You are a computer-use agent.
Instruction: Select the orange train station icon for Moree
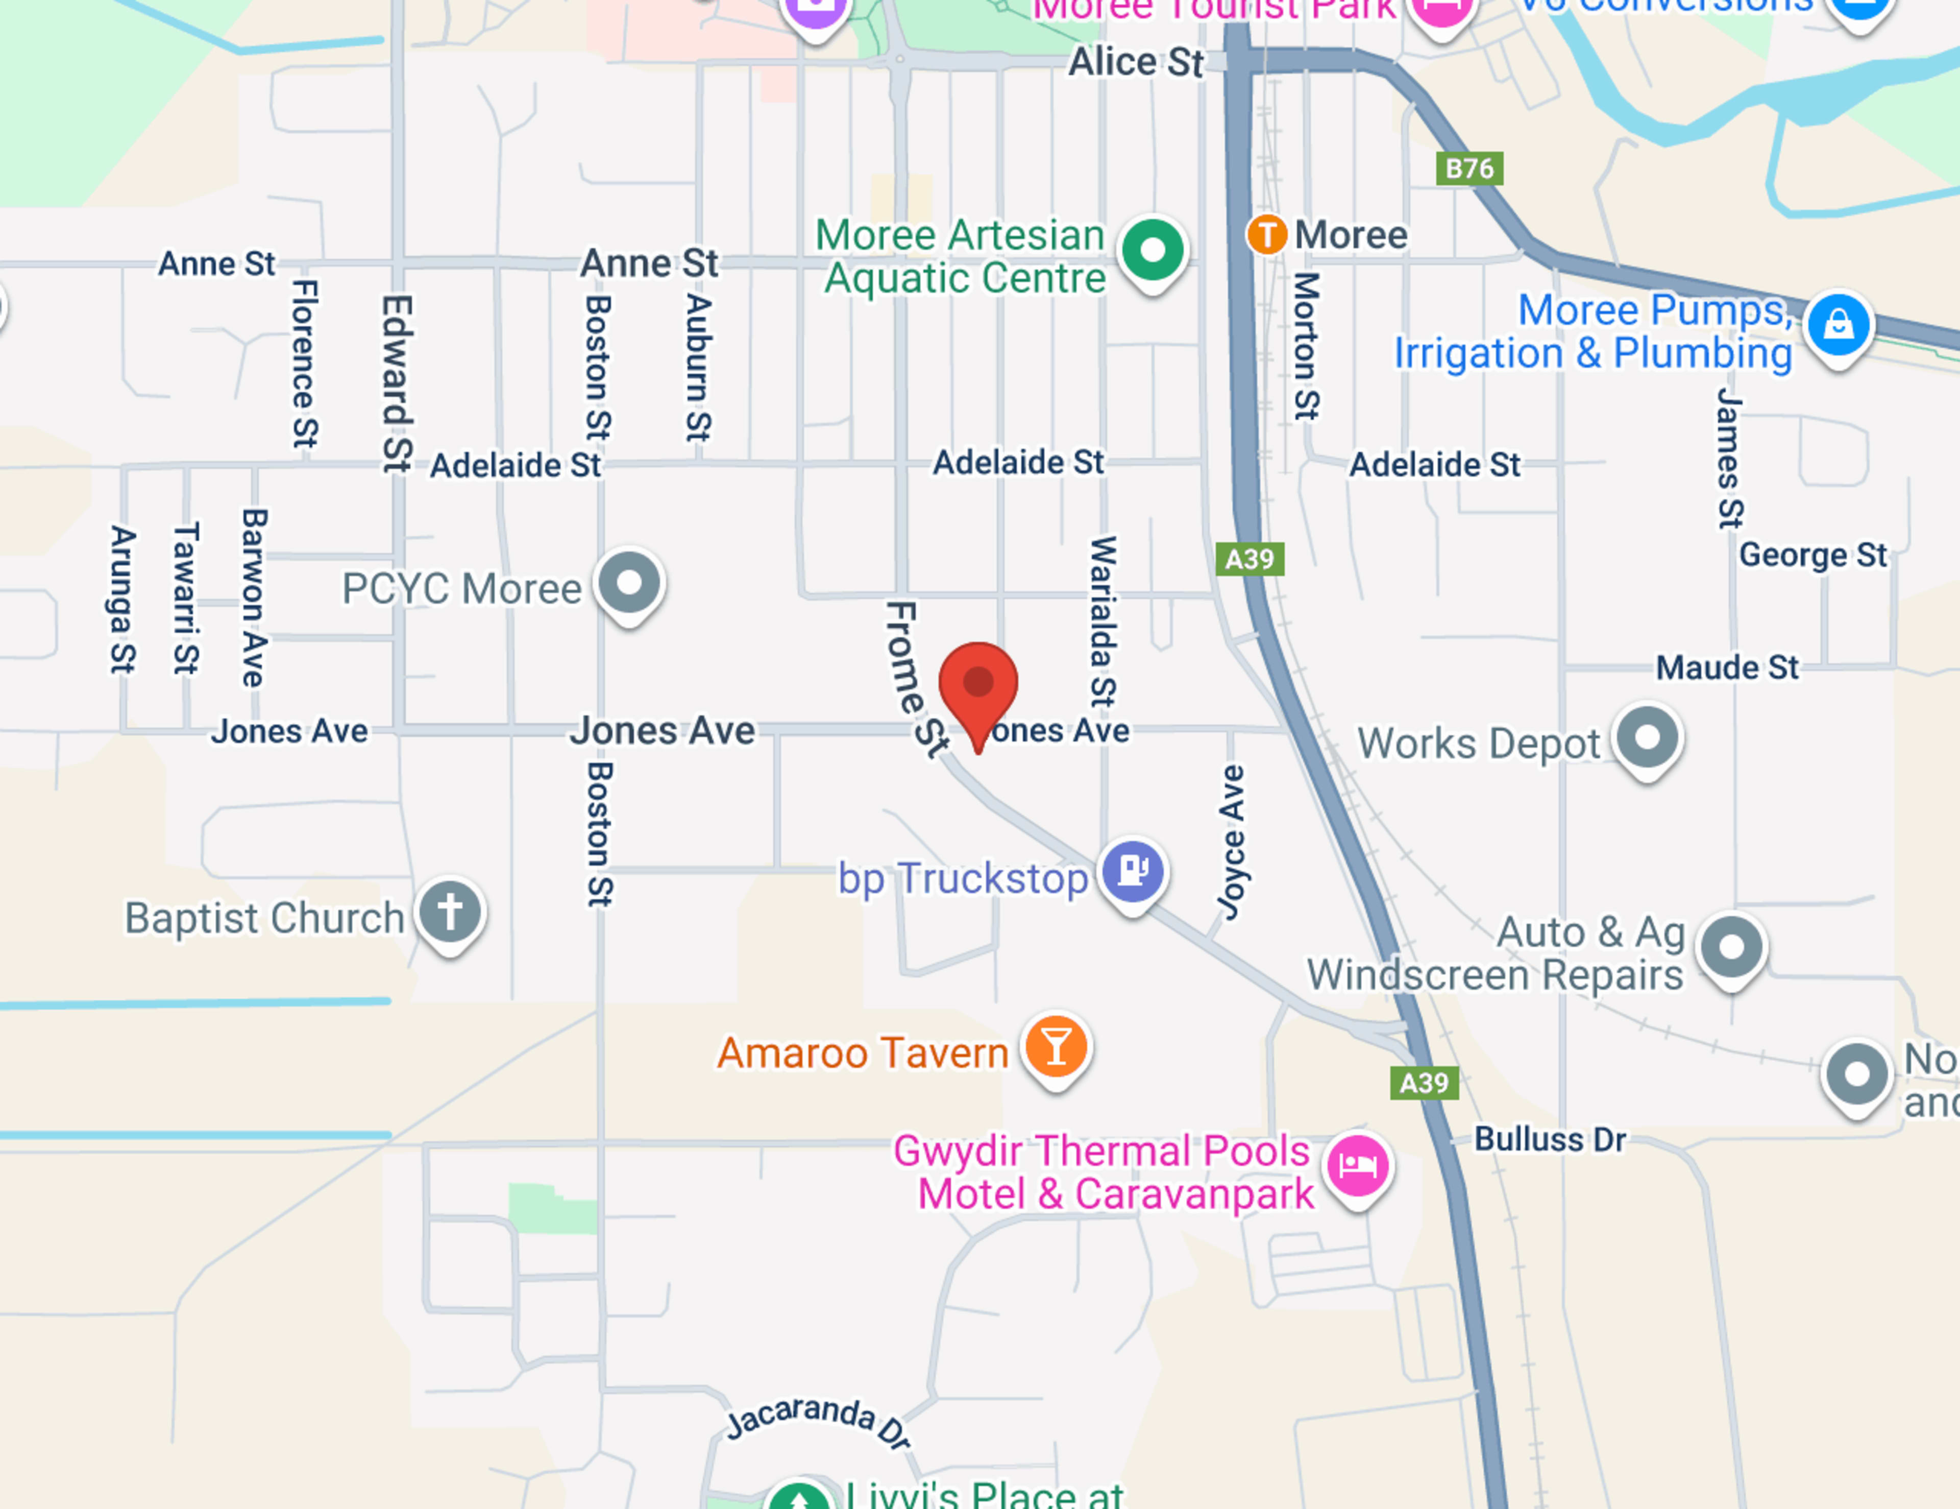click(x=1266, y=235)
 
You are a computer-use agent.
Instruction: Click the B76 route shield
click(x=1469, y=169)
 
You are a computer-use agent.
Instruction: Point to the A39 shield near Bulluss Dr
click(x=1424, y=1084)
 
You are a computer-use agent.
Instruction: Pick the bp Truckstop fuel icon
click(x=1134, y=870)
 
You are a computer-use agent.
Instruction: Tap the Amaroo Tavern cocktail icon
click(x=1056, y=1046)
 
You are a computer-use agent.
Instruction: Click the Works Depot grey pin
click(x=1648, y=738)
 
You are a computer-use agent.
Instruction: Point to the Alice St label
click(x=1135, y=63)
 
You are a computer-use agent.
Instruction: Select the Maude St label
click(x=1727, y=668)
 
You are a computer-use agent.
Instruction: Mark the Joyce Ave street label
click(x=1231, y=842)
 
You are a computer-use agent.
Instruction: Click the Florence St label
click(x=304, y=364)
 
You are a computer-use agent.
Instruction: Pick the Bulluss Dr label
click(x=1550, y=1140)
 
